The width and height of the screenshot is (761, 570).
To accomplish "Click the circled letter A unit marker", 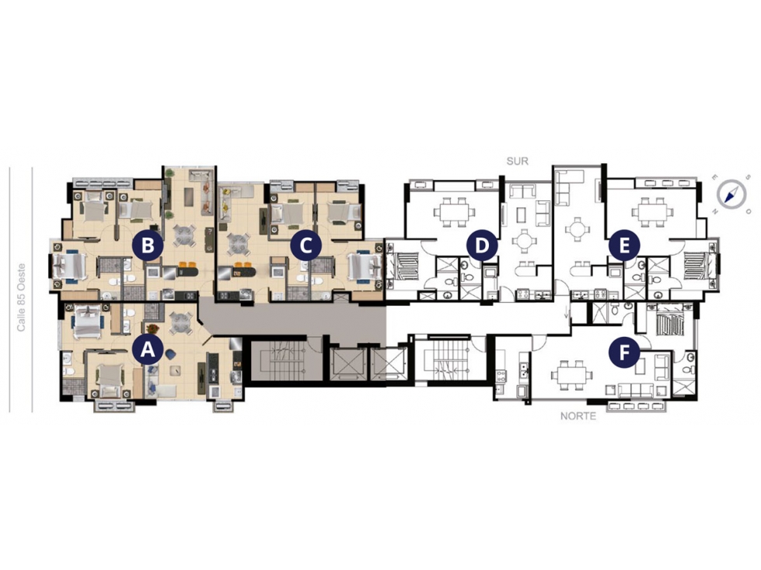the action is pyautogui.click(x=148, y=349).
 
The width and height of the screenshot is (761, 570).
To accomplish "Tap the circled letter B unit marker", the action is pyautogui.click(x=148, y=245).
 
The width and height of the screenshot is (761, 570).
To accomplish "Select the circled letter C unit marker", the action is pyautogui.click(x=305, y=245).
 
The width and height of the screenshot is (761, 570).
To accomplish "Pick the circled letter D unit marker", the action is pyautogui.click(x=481, y=245).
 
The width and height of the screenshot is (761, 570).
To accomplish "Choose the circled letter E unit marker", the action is pyautogui.click(x=624, y=245).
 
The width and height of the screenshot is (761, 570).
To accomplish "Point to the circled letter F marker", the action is pyautogui.click(x=624, y=353).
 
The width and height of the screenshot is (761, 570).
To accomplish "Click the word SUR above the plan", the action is pyautogui.click(x=517, y=162).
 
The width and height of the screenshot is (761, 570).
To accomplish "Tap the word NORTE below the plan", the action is pyautogui.click(x=578, y=416).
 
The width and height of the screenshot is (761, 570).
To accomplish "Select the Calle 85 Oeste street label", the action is pyautogui.click(x=21, y=297).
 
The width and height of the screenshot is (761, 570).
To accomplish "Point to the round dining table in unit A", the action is pyautogui.click(x=180, y=321).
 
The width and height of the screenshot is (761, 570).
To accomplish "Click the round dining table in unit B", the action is pyautogui.click(x=184, y=235).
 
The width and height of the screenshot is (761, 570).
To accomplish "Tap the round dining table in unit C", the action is pyautogui.click(x=239, y=242).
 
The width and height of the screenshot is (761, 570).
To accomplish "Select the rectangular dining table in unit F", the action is pyautogui.click(x=571, y=374).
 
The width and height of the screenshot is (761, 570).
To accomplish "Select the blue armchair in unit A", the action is pyautogui.click(x=171, y=354).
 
